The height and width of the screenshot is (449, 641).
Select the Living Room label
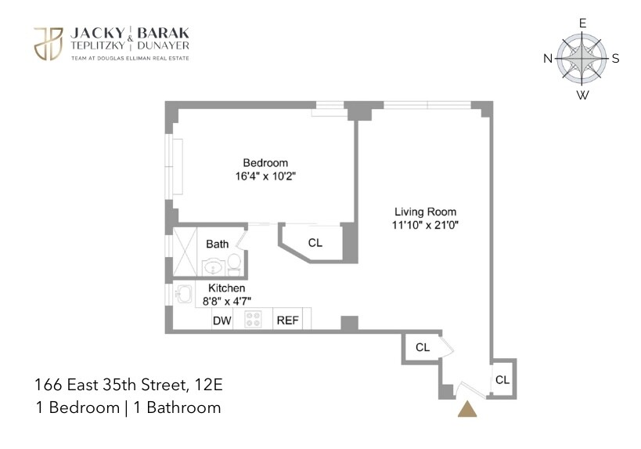(x=425, y=212)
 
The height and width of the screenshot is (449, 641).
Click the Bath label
(x=217, y=244)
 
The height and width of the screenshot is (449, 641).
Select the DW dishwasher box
(x=222, y=320)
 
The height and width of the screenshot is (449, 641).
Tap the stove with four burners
(x=253, y=320)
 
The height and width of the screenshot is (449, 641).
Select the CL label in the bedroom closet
(x=315, y=243)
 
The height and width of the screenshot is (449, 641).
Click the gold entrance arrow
(x=466, y=409)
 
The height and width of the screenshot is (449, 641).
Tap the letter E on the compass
(x=582, y=23)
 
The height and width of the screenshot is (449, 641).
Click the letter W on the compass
(x=582, y=96)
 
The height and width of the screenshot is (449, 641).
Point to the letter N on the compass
(x=548, y=59)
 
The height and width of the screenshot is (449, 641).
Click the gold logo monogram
(x=49, y=43)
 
